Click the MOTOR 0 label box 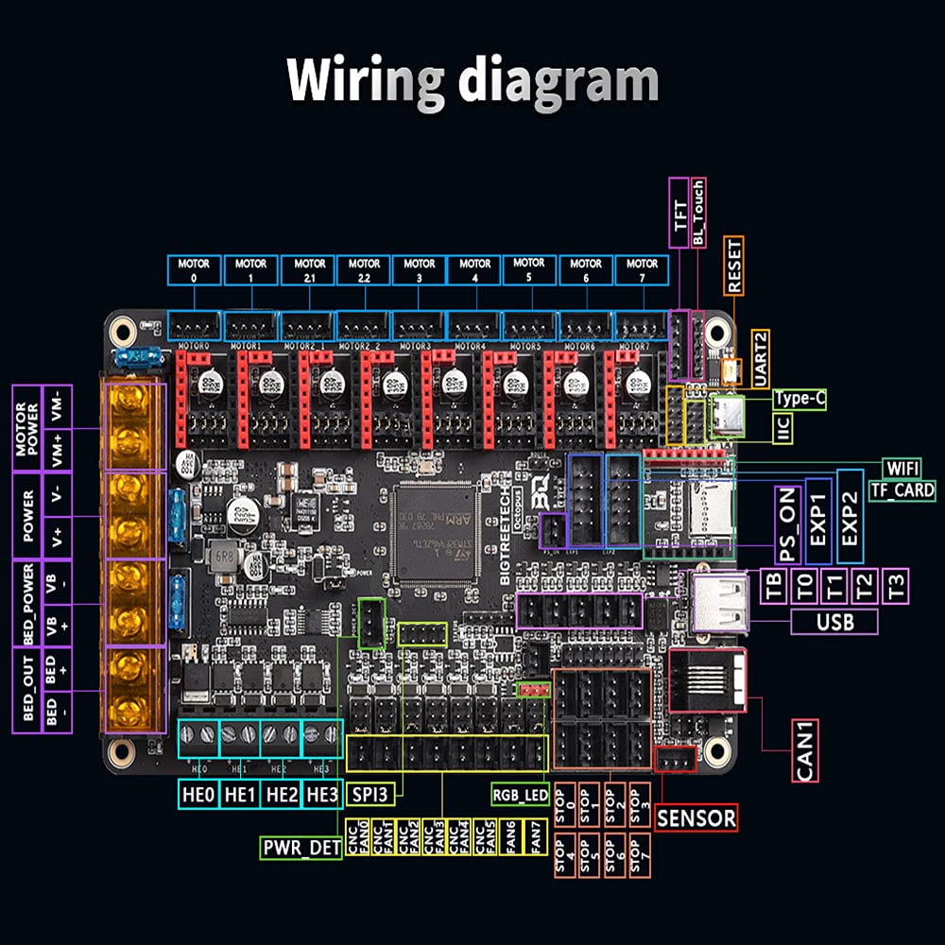194,269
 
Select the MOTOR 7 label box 643,269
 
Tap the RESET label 734,266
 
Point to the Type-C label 800,400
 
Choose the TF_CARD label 902,490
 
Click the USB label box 834,621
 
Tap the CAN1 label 805,750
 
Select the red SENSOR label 696,817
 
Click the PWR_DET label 301,848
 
